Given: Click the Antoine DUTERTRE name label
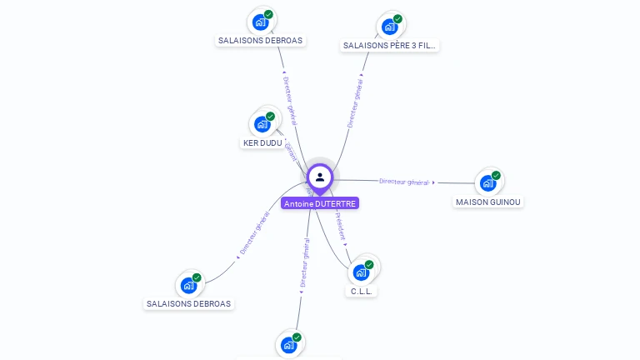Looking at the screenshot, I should [320, 203].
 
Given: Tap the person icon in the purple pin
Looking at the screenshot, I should [320, 177].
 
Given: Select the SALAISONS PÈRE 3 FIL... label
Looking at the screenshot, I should [390, 46].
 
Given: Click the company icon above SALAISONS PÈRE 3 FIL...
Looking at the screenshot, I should [389, 27].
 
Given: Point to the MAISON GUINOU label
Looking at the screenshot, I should [488, 202].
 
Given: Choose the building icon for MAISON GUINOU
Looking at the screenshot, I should [487, 182].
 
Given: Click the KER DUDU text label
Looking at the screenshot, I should [262, 143].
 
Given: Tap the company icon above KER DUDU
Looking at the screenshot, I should [262, 124].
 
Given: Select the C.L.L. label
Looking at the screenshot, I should [362, 292].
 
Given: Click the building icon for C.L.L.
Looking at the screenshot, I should [361, 272].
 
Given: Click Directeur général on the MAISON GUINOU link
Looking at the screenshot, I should [404, 182].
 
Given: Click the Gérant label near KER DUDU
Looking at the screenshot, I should [291, 152].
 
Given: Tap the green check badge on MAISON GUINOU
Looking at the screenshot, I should [496, 175].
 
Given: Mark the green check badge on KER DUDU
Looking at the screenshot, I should [270, 117].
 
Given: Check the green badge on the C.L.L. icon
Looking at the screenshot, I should [369, 264].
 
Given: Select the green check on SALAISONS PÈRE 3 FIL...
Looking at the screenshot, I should [397, 18].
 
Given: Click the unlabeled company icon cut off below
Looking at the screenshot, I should [288, 345].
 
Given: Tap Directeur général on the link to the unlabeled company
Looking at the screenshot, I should [304, 264].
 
